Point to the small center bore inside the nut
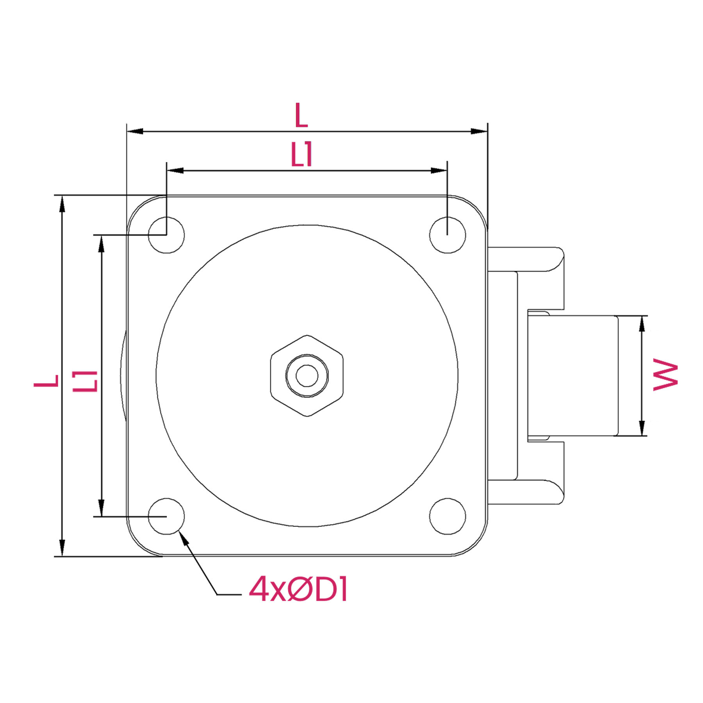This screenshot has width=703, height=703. tap(307, 376)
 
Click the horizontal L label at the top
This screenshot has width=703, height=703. tap(301, 115)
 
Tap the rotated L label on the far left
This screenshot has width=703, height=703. tap(46, 381)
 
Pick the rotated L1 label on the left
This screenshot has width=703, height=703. tap(85, 381)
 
